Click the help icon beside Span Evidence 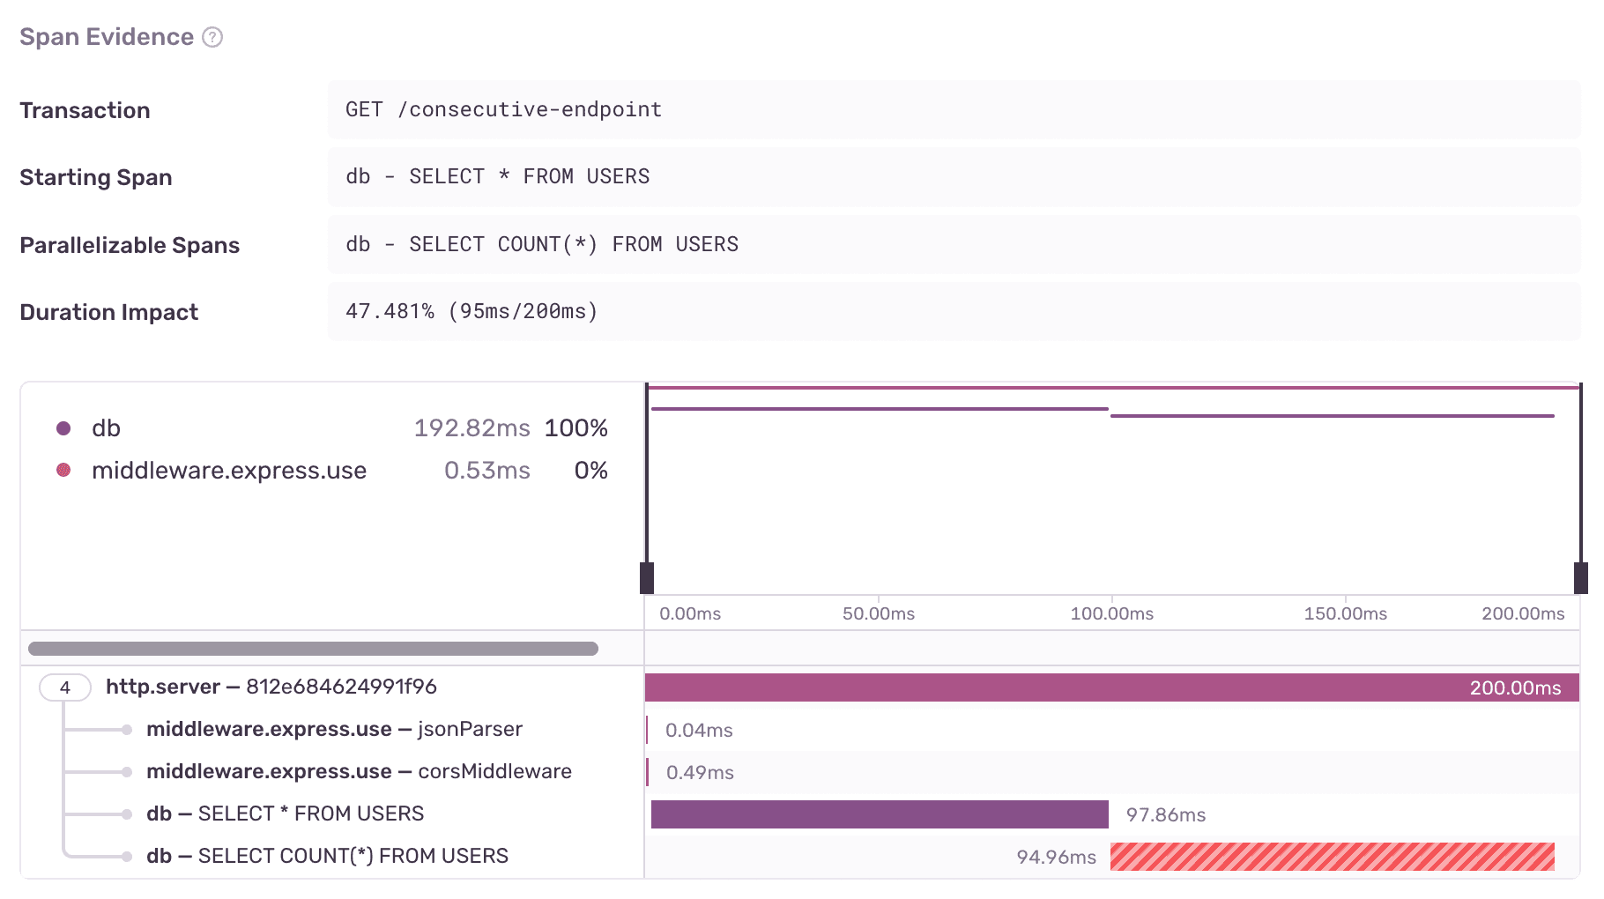click(x=212, y=37)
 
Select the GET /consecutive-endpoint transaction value click(x=503, y=109)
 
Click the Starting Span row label click(x=96, y=177)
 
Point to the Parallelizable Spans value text click(x=542, y=244)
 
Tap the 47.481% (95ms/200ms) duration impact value click(x=472, y=311)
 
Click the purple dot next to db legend click(x=63, y=428)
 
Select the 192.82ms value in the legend click(x=472, y=428)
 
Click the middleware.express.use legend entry click(x=229, y=471)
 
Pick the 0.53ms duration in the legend click(x=486, y=471)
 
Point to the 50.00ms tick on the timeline click(x=878, y=613)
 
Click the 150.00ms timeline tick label click(x=1345, y=613)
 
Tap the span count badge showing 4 click(x=64, y=687)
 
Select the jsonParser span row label click(x=334, y=729)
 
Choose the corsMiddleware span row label click(x=359, y=771)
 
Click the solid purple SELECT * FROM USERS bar click(x=879, y=814)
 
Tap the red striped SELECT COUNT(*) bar click(x=1332, y=857)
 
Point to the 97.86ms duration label click(x=1165, y=815)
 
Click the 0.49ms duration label click(x=700, y=773)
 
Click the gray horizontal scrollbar click(x=313, y=649)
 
